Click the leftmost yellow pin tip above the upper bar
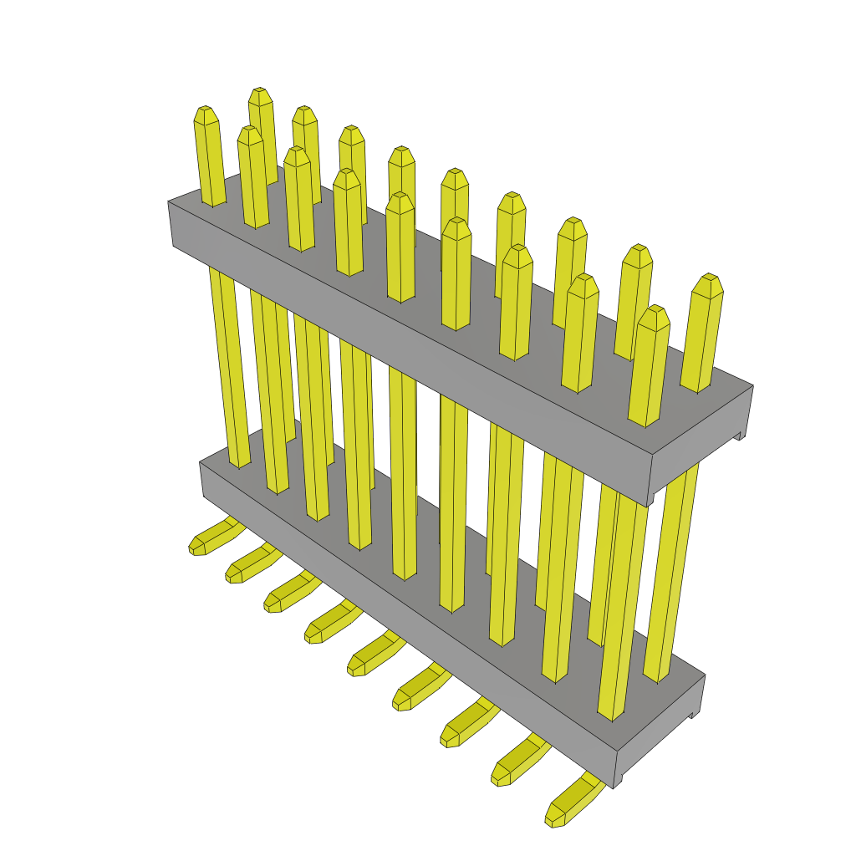coord(206,117)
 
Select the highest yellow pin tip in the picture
coord(260,97)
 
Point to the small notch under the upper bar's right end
coord(737,435)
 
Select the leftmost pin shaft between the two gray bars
coord(228,368)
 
